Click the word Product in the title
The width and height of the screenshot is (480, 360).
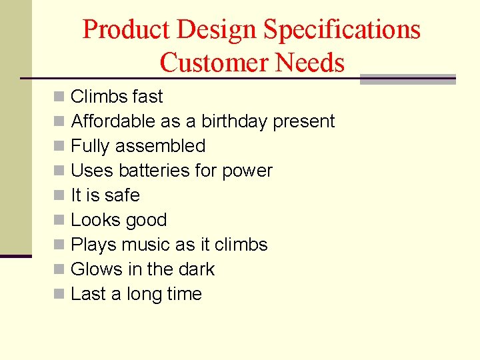click(125, 30)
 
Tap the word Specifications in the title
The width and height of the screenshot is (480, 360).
click(341, 30)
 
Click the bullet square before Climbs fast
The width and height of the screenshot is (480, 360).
click(59, 97)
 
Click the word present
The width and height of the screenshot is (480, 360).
click(304, 122)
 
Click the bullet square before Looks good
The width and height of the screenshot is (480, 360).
click(59, 221)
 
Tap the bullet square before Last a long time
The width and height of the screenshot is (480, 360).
click(59, 295)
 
